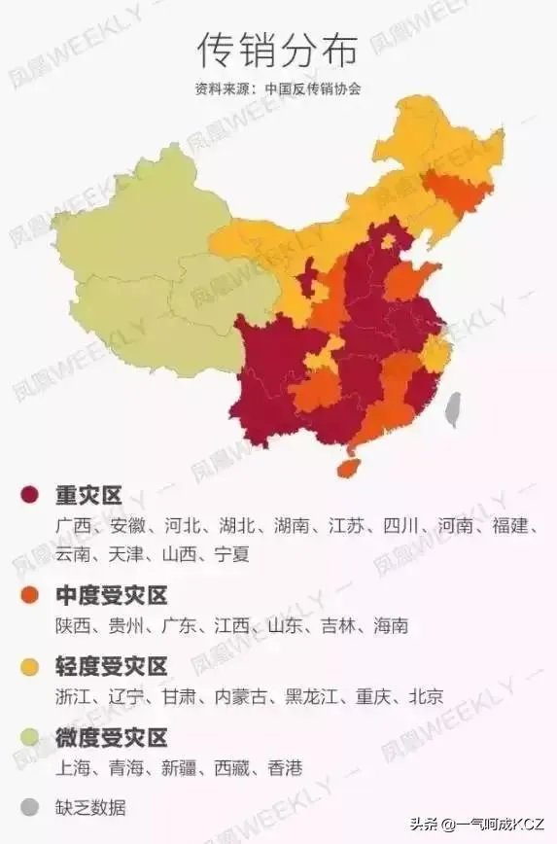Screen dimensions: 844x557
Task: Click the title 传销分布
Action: pos(277,47)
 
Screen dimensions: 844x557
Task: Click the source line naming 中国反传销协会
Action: pos(277,88)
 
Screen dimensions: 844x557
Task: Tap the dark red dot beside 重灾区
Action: pos(30,497)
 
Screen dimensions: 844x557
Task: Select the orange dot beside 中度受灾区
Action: pos(30,596)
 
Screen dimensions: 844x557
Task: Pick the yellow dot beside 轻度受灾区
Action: pos(30,667)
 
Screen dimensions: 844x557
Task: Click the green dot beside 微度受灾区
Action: pos(30,737)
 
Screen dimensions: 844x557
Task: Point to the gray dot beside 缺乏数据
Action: pos(30,807)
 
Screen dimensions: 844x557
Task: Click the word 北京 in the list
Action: pos(426,696)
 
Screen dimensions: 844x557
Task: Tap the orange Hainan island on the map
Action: pos(348,467)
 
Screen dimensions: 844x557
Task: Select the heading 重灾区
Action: pos(87,497)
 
